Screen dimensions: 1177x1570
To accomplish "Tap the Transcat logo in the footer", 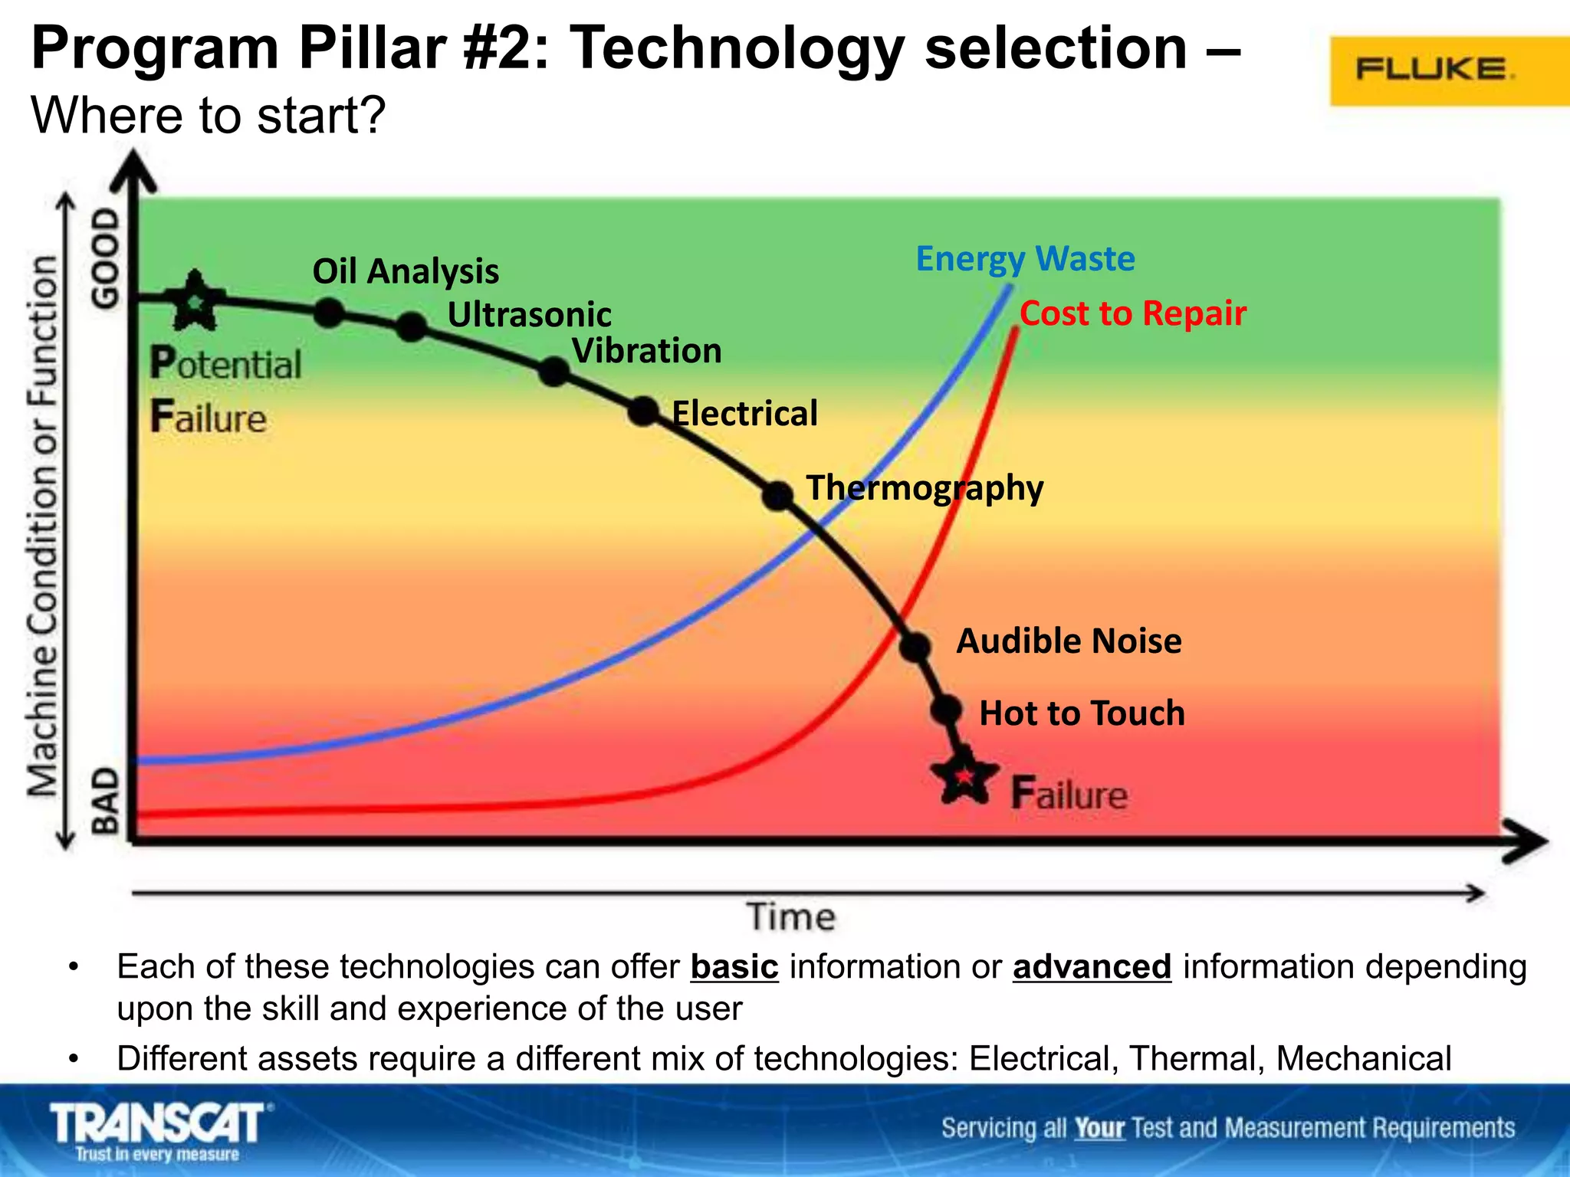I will click(x=159, y=1130).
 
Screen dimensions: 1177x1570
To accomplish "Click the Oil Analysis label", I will click(x=406, y=271).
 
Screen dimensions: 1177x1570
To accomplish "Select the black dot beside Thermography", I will click(x=777, y=495).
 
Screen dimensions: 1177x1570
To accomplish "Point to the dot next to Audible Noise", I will click(x=915, y=647).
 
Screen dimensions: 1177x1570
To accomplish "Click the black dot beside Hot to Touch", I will click(x=947, y=710).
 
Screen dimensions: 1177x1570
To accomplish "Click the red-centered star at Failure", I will click(x=964, y=776).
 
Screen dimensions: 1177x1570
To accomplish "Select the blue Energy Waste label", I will click(x=1025, y=258).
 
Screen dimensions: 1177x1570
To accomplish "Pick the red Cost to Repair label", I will click(x=1132, y=313).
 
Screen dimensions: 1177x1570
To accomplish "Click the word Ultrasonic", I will click(x=529, y=315).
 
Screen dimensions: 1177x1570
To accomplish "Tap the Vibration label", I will click(x=647, y=351).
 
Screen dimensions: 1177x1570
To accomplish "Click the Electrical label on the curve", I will click(x=744, y=414).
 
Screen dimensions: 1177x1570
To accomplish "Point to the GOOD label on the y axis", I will click(x=106, y=260).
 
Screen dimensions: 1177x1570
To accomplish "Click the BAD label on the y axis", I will click(x=106, y=802).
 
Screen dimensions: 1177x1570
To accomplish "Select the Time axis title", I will click(x=790, y=916).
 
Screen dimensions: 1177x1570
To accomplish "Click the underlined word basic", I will click(x=734, y=967).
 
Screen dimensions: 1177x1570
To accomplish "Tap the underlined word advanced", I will click(x=1092, y=967).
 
